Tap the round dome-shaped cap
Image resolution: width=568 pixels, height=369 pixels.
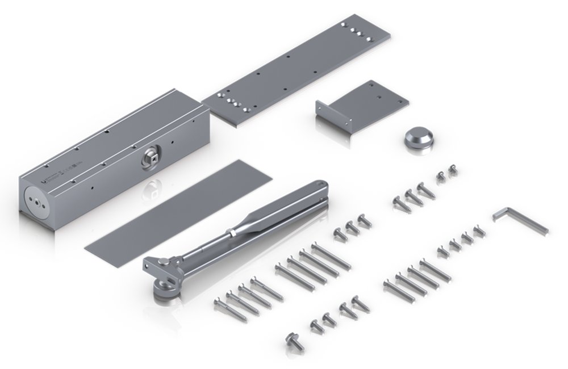(419, 138)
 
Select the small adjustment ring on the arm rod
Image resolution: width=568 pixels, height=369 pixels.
(231, 233)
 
